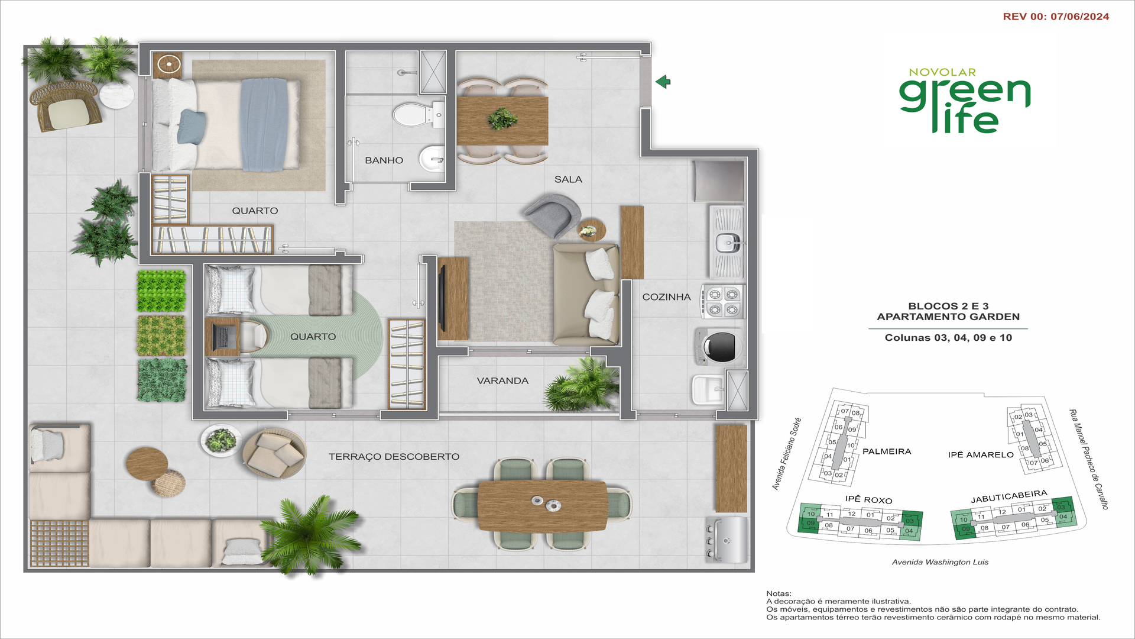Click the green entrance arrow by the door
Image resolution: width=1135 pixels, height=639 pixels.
pyautogui.click(x=663, y=82)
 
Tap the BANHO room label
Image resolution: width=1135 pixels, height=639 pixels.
pyautogui.click(x=384, y=160)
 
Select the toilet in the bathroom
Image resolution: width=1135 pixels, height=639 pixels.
pyautogui.click(x=417, y=114)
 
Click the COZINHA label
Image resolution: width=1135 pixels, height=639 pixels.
pyautogui.click(x=666, y=297)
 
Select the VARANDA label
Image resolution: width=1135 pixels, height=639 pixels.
pyautogui.click(x=502, y=380)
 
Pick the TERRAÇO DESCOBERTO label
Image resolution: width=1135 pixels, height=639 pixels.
pyautogui.click(x=394, y=457)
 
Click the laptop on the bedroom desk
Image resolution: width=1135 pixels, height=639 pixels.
pyautogui.click(x=222, y=337)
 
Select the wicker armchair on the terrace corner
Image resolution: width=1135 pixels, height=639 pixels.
pyautogui.click(x=66, y=106)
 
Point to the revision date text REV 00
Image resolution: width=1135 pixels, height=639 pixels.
pyautogui.click(x=1056, y=17)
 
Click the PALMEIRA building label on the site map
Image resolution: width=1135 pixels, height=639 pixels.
pyautogui.click(x=887, y=451)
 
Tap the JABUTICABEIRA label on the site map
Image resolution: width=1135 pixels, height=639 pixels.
pyautogui.click(x=1009, y=496)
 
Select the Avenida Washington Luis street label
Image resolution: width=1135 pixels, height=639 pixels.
pyautogui.click(x=940, y=562)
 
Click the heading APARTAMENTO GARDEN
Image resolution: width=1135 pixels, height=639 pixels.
pyautogui.click(x=948, y=317)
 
